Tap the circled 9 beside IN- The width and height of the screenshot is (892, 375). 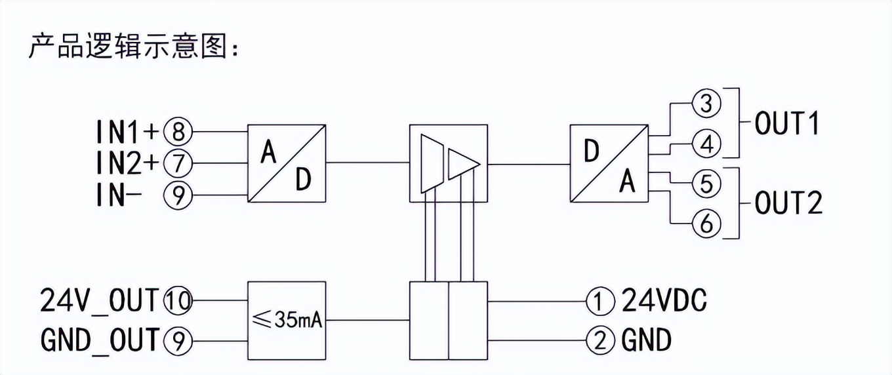177,194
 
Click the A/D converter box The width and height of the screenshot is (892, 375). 287,163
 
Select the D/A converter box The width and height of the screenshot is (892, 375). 609,163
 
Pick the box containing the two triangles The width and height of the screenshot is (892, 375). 448,163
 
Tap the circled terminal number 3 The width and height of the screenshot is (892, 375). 706,105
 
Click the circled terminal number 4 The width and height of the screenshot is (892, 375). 706,144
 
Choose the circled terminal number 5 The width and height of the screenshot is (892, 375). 706,184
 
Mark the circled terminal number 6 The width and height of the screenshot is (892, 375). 706,224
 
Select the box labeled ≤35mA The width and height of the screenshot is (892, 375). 287,321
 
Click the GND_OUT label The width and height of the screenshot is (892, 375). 99,340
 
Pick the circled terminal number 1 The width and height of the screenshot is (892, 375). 598,302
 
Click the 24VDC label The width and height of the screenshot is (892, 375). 664,302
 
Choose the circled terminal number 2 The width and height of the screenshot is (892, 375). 598,340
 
